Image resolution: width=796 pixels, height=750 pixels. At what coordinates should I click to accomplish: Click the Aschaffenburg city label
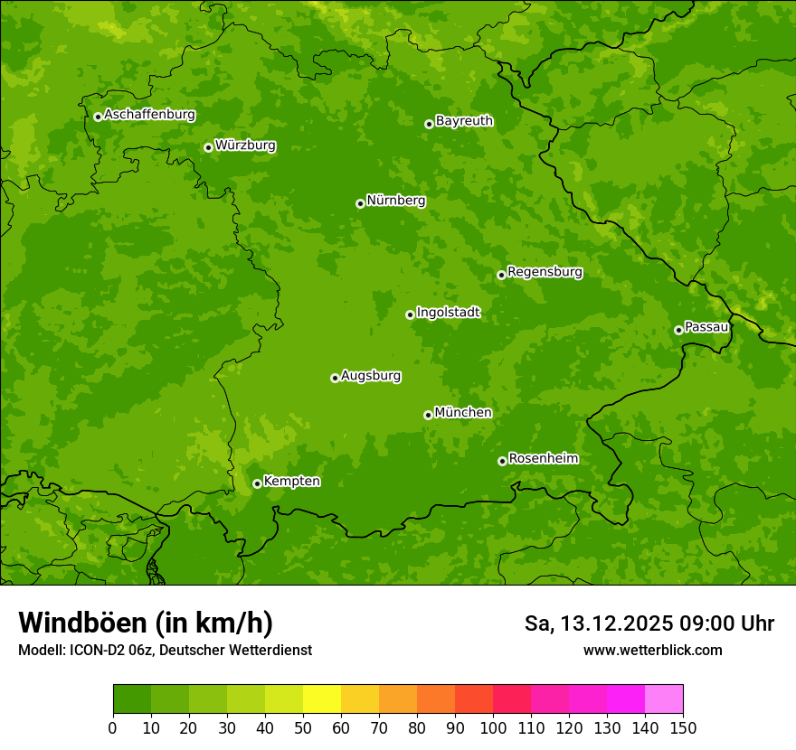click(149, 115)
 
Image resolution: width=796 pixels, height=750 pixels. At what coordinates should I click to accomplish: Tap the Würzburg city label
click(245, 145)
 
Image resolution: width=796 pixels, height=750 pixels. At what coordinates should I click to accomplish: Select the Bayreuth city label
click(464, 121)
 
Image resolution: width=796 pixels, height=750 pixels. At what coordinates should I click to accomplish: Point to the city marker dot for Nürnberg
click(360, 203)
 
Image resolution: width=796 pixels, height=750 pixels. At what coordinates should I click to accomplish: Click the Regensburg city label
click(545, 272)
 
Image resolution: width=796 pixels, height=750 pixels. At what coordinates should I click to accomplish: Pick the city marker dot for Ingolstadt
click(410, 314)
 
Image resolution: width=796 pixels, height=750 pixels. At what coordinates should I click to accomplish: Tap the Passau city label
click(706, 327)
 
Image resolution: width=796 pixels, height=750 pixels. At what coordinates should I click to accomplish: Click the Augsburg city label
click(371, 376)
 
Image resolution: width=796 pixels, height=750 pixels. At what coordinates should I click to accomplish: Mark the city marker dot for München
click(428, 415)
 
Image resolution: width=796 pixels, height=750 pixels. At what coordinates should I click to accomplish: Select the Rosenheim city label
click(543, 459)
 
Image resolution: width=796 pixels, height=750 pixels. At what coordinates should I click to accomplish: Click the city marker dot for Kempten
click(257, 483)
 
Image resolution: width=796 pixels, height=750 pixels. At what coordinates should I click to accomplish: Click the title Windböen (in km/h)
click(146, 623)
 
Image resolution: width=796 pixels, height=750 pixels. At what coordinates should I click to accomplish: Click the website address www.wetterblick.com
click(652, 650)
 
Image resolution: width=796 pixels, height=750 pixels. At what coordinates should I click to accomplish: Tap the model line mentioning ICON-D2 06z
click(165, 650)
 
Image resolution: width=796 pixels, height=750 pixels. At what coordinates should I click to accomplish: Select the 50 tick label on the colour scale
click(303, 727)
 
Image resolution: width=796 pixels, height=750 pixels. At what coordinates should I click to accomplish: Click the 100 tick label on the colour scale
click(493, 727)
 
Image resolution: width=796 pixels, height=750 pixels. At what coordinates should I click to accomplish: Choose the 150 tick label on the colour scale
click(683, 727)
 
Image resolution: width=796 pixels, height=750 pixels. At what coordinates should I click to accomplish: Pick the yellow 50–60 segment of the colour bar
click(322, 698)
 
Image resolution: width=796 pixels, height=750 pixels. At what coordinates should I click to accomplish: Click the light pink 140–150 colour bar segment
click(664, 698)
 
